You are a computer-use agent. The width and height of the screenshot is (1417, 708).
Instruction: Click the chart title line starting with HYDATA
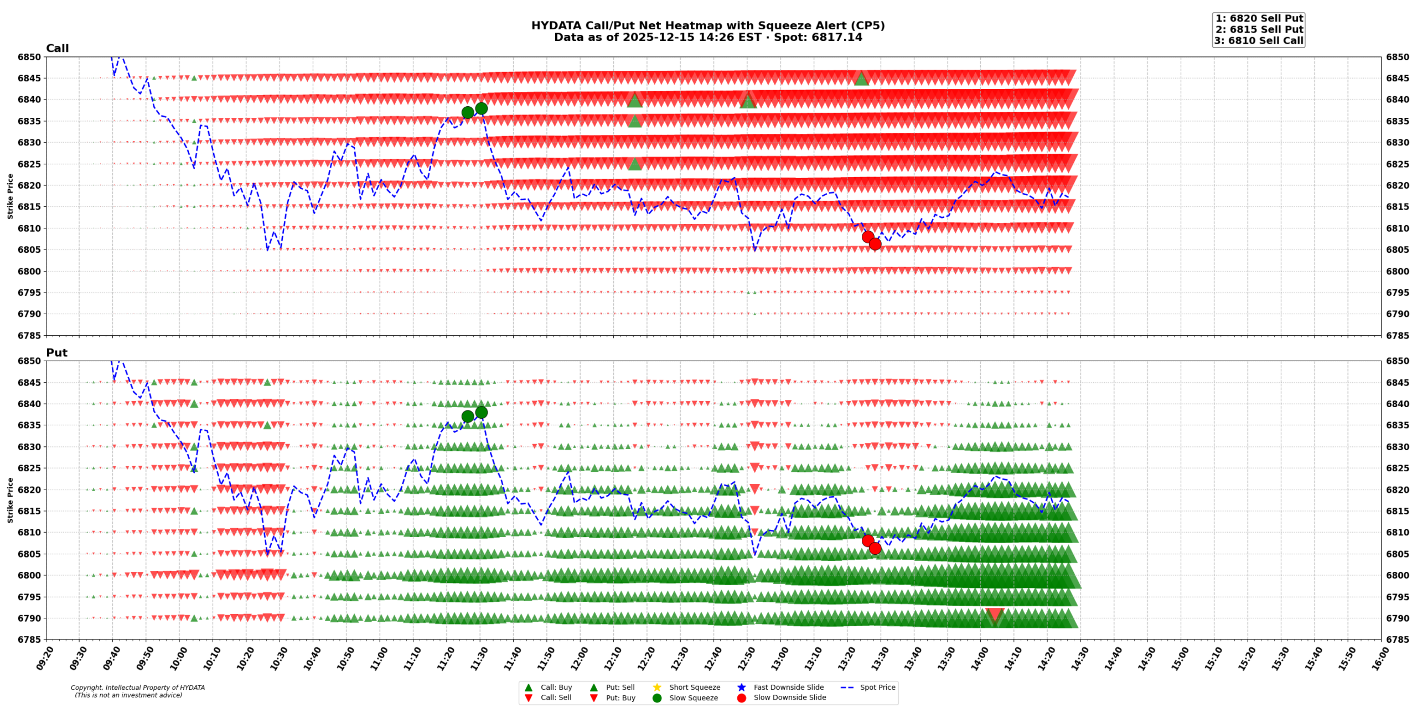(x=707, y=25)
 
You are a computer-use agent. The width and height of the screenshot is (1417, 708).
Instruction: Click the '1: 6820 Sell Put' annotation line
(x=1259, y=18)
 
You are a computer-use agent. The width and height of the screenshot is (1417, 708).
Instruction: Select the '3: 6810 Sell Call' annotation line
(x=1259, y=40)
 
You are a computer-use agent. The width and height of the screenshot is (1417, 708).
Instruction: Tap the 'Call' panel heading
(x=57, y=48)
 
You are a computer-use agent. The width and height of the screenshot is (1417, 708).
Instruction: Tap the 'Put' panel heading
(x=56, y=352)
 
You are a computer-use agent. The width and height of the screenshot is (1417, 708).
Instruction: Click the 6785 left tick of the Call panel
(x=29, y=335)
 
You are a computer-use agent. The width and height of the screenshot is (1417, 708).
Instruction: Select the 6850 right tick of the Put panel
(x=1397, y=361)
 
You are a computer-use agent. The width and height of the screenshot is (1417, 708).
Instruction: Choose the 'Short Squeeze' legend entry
(x=694, y=687)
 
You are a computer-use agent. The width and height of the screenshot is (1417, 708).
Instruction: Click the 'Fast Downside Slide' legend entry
(x=788, y=687)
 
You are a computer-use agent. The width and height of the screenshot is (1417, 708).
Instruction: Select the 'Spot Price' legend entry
(x=877, y=687)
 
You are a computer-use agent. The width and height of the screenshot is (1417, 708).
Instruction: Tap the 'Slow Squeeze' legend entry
(x=693, y=697)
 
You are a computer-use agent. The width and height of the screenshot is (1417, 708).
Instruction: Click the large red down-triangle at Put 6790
(x=995, y=615)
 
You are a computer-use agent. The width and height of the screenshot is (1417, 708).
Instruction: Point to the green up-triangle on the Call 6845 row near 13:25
(x=861, y=79)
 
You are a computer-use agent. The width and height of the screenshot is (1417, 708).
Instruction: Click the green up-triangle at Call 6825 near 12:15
(x=635, y=164)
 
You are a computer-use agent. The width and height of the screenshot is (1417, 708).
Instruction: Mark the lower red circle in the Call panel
(x=875, y=244)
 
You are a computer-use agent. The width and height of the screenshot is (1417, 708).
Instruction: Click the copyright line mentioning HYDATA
(x=137, y=688)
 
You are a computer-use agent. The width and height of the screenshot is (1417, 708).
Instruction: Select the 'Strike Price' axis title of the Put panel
(x=10, y=500)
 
